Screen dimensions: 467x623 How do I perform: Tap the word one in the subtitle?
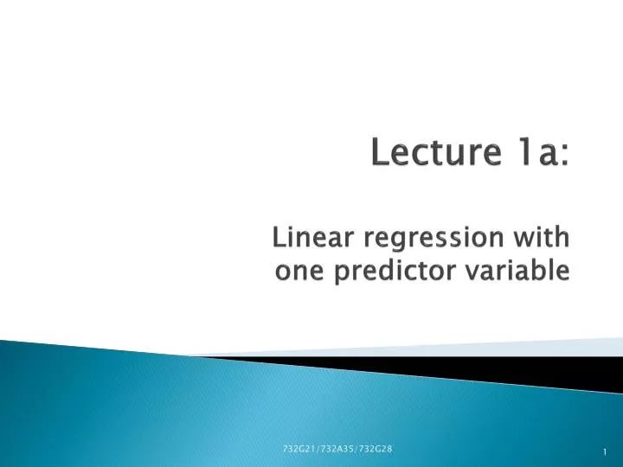click(295, 272)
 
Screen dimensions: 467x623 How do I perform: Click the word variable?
click(521, 272)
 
